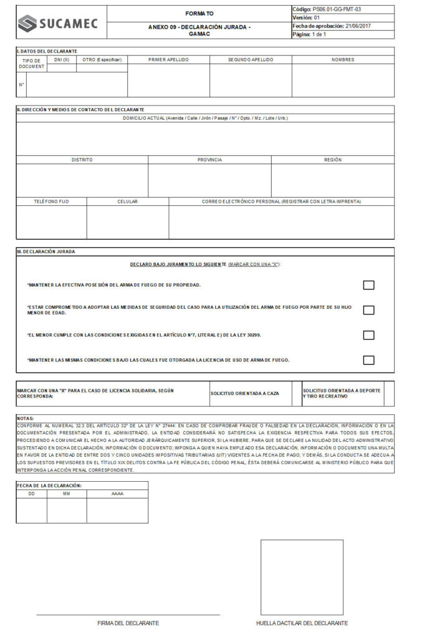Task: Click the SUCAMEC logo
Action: (x=57, y=24)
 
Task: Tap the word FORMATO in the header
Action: (x=199, y=13)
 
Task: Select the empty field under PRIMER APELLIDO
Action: (x=168, y=80)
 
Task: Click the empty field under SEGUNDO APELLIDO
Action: (x=251, y=80)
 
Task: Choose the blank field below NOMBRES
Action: (x=343, y=80)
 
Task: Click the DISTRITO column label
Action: (x=82, y=160)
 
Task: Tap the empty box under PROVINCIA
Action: (x=209, y=180)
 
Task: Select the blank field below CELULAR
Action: (x=127, y=222)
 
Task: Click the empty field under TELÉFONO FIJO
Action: (x=51, y=222)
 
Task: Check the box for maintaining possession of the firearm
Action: (x=368, y=285)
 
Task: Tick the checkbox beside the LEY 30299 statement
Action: (x=368, y=335)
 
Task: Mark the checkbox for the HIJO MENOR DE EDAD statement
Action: (x=368, y=310)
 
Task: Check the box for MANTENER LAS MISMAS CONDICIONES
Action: (x=368, y=360)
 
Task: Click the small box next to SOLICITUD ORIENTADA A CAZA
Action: (x=297, y=393)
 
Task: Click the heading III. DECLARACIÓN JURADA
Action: (x=46, y=251)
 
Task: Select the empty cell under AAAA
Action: (x=117, y=510)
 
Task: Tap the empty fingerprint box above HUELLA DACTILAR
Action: (x=302, y=577)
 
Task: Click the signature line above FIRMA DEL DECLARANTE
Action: (x=128, y=614)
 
